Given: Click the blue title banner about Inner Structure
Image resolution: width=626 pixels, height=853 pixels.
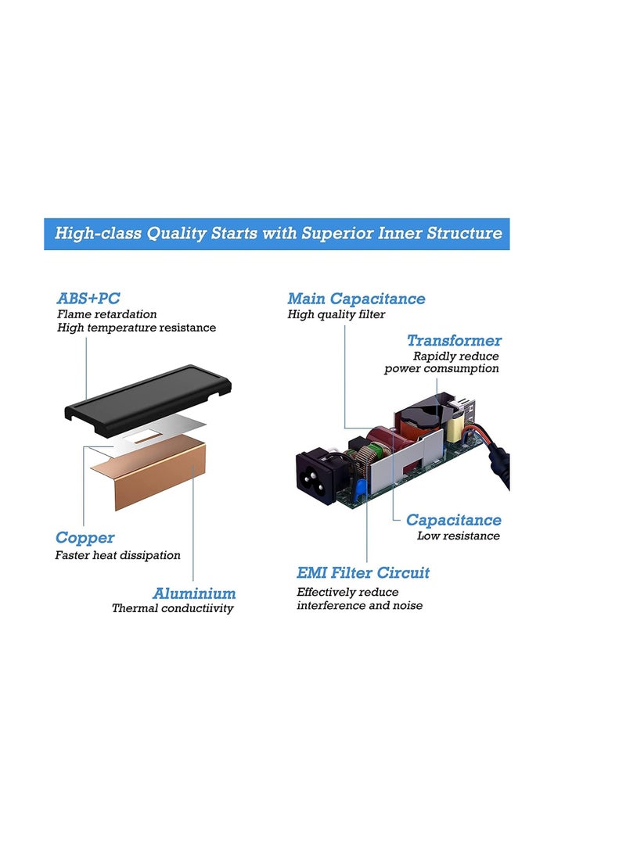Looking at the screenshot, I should (277, 234).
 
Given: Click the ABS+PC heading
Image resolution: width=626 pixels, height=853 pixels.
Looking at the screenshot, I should (88, 298).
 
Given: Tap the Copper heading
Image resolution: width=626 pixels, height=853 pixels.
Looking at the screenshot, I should (85, 537).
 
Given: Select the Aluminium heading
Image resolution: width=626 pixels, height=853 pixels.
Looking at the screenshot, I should (194, 593).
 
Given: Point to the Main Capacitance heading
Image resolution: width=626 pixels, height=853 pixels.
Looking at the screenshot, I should (356, 298).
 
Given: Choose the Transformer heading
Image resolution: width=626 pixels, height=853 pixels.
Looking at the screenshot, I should (454, 340).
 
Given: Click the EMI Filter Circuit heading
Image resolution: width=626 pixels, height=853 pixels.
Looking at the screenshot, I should (363, 572).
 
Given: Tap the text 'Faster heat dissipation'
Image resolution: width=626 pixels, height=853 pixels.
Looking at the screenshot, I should (117, 555).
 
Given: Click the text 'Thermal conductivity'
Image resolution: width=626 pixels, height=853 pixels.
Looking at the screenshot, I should (172, 608).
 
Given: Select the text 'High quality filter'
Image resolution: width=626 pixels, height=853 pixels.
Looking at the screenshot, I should (336, 314).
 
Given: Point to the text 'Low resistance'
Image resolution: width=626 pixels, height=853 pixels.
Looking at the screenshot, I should (459, 536).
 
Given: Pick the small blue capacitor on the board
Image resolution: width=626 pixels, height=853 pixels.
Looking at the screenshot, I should (359, 489).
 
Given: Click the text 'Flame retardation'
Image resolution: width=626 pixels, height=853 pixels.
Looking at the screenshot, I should (106, 314).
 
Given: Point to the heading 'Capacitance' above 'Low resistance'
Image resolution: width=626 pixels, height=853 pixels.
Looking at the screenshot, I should (454, 520).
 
